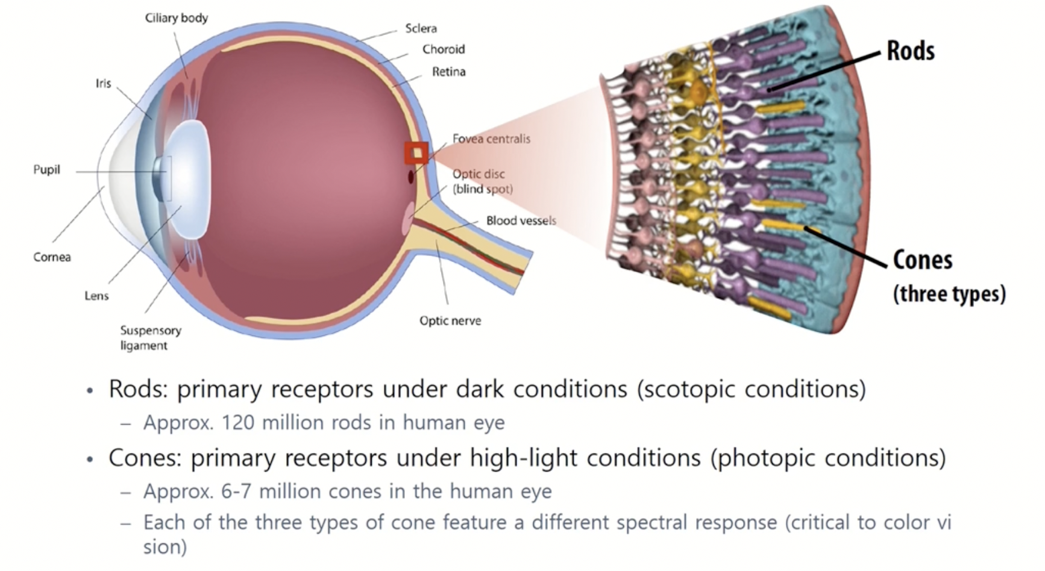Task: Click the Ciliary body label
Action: (x=176, y=18)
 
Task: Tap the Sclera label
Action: (x=421, y=28)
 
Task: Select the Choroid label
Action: (x=443, y=49)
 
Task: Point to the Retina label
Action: (x=448, y=72)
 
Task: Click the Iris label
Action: (x=103, y=83)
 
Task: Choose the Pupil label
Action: (x=46, y=170)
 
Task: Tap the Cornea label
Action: (x=52, y=257)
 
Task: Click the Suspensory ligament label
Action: (x=150, y=338)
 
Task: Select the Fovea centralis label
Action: (x=491, y=139)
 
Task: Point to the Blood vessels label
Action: (x=521, y=220)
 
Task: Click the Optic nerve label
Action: (x=450, y=320)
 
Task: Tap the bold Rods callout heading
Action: (x=910, y=51)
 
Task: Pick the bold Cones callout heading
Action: (x=922, y=260)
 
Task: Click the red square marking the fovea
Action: (x=416, y=154)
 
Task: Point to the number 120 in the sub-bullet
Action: (x=237, y=423)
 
